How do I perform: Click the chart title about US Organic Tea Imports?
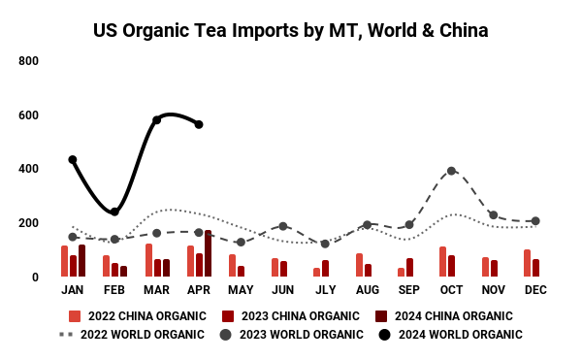[x=290, y=30]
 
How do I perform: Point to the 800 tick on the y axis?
[x=28, y=61]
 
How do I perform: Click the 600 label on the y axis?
[x=28, y=115]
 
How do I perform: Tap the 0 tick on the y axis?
[x=34, y=278]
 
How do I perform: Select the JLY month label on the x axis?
[x=325, y=291]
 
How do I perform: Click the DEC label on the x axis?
[x=535, y=291]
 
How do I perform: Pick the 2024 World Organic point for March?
[x=156, y=120]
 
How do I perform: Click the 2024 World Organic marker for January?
[x=73, y=159]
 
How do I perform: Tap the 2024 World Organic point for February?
[x=114, y=212]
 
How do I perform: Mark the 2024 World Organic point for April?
[x=199, y=124]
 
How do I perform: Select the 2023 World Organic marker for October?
[x=452, y=171]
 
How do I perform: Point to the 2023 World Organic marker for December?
[x=535, y=221]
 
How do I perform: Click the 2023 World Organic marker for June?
[x=283, y=226]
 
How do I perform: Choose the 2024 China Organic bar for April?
[x=208, y=253]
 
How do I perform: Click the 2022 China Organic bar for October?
[x=443, y=262]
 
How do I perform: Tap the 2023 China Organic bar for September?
[x=409, y=268]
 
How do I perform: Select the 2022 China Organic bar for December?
[x=527, y=263]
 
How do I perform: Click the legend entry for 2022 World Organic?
[x=132, y=335]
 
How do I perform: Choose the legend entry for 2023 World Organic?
[x=292, y=335]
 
